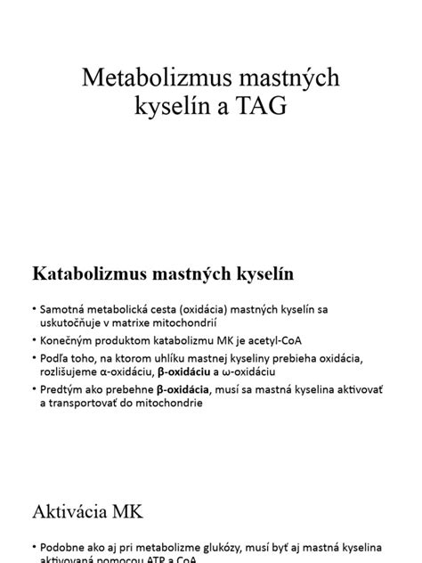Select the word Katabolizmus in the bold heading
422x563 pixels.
coord(88,272)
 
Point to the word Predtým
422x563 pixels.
coord(61,389)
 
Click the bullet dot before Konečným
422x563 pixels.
coord(32,341)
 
